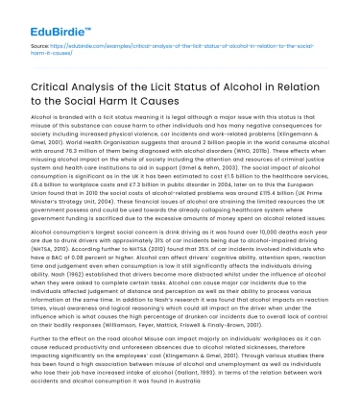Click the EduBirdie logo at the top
pyautogui.click(x=38, y=16)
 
